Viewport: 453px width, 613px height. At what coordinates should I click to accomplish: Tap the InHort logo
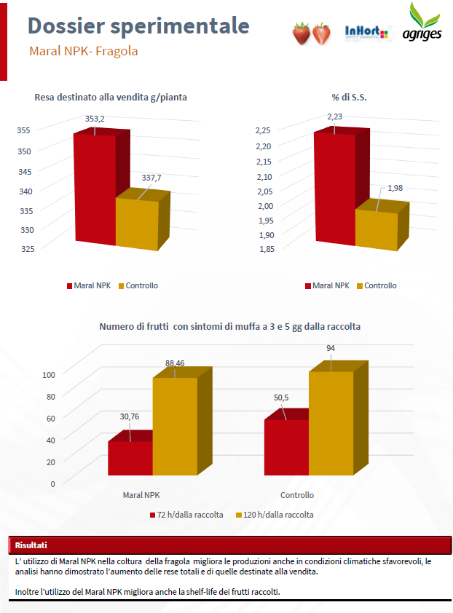[x=366, y=33]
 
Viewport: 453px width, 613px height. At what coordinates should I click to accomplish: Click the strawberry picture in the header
[x=311, y=33]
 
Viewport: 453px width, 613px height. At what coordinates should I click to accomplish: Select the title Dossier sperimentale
[x=138, y=25]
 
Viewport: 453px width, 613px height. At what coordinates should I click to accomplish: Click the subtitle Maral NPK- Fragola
[x=84, y=52]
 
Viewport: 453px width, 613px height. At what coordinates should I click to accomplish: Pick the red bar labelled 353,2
[x=95, y=189]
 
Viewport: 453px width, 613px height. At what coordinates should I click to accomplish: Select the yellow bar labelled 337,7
[x=137, y=222]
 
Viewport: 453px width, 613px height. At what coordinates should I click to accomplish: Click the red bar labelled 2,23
[x=334, y=189]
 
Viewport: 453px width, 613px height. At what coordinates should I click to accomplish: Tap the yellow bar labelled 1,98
[x=377, y=229]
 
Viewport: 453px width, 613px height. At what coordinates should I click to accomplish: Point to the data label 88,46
[x=175, y=363]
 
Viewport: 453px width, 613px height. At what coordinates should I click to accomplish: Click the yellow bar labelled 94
[x=331, y=422]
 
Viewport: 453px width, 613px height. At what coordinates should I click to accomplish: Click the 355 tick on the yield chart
[x=25, y=131]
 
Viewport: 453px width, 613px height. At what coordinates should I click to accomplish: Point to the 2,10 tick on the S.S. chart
[x=263, y=176]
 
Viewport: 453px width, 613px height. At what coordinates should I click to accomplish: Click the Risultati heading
[x=31, y=545]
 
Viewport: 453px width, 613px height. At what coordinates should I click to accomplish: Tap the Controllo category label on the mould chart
[x=297, y=495]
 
